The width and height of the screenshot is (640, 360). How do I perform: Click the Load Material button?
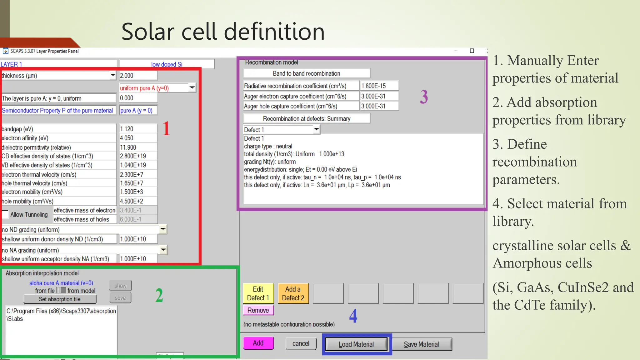(x=356, y=344)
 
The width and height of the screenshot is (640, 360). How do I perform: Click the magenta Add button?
(x=258, y=343)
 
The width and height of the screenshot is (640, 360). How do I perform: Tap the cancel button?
(x=301, y=343)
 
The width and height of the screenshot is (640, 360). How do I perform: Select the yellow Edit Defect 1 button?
(x=258, y=293)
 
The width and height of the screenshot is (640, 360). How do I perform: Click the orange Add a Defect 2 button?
(x=293, y=293)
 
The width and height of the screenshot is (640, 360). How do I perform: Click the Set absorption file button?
(x=60, y=299)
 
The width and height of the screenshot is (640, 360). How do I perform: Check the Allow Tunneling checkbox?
(x=5, y=214)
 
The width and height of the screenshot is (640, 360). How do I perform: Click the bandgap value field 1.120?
(x=138, y=129)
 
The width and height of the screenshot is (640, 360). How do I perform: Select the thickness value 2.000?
(x=138, y=75)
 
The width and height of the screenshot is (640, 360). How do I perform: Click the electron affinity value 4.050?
(x=138, y=138)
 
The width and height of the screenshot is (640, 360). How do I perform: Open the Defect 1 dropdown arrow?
(x=317, y=129)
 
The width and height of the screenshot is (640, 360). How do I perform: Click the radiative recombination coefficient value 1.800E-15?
(x=379, y=86)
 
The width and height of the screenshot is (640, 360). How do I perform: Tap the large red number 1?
(x=166, y=128)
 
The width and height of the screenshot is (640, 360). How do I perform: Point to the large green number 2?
(x=159, y=295)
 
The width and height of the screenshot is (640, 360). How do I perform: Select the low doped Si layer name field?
(x=167, y=64)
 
